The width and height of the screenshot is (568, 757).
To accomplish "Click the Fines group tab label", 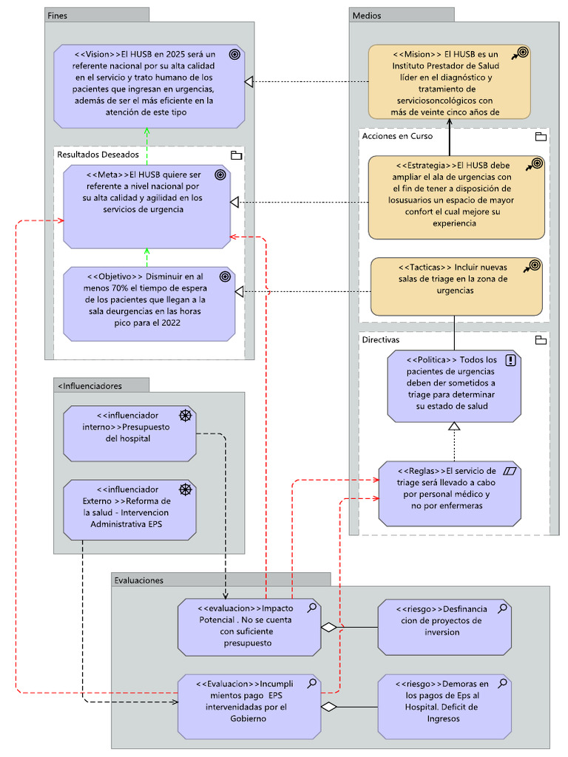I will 57,15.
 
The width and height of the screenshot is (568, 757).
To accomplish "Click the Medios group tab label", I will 367,15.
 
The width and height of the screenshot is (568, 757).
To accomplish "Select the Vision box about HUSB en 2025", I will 149,85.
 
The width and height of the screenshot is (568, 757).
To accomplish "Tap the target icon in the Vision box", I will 234,54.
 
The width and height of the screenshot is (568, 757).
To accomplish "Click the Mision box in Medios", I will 449,81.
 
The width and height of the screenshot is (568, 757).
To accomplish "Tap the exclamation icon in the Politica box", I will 510,360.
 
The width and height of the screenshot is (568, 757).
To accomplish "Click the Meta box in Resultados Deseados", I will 146,206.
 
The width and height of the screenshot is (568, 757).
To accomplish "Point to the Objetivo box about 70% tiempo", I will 149,303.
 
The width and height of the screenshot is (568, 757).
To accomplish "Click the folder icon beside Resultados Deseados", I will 236,155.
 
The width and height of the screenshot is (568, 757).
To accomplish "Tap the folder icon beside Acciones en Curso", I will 540,136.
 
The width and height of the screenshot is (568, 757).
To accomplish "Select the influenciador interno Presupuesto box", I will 129,433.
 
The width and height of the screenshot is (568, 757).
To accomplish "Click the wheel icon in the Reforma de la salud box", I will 186,489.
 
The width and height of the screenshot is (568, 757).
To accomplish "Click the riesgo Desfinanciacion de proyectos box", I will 444,627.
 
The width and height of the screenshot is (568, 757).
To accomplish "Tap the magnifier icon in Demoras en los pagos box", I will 503,682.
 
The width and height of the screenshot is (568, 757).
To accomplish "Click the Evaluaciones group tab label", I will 139,580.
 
